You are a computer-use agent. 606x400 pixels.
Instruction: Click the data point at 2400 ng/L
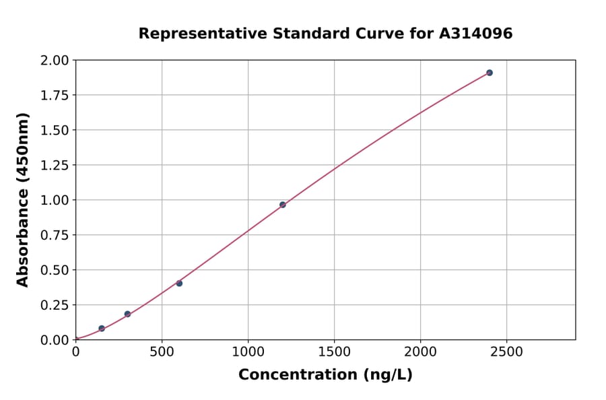(490, 73)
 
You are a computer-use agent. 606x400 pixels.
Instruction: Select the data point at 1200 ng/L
(283, 205)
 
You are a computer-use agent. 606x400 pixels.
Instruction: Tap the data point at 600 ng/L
(179, 284)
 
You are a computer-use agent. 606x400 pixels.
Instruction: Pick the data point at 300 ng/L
(127, 314)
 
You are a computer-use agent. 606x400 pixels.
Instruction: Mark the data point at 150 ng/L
(102, 329)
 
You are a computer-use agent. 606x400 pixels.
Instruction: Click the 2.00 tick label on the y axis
(55, 61)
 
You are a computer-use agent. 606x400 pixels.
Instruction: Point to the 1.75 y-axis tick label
(55, 96)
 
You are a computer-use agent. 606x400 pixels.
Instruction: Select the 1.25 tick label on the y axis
(55, 166)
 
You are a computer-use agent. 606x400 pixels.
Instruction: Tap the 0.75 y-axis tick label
(55, 235)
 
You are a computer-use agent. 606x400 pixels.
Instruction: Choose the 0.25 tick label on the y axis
(55, 305)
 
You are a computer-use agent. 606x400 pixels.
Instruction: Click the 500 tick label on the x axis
(162, 352)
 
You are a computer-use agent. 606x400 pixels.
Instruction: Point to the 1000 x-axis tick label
(248, 352)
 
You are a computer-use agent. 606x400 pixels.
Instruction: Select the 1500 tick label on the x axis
(335, 352)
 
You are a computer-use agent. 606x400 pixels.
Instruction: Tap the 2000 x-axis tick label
(421, 352)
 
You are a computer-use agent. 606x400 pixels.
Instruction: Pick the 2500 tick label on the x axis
(507, 352)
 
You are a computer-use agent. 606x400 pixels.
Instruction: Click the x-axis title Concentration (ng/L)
(325, 375)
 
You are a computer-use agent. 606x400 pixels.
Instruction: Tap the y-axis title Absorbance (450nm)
(24, 200)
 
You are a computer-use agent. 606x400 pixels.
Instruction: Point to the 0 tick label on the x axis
(75, 352)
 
